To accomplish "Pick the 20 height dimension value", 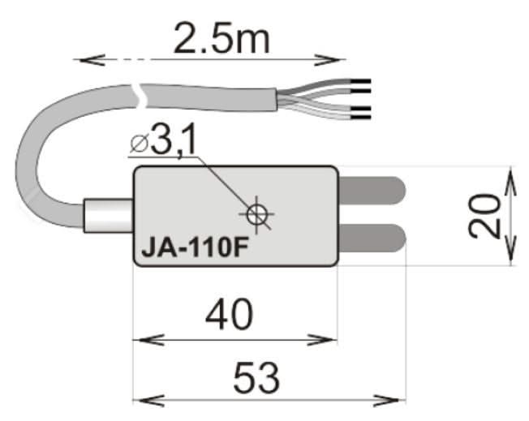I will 484,216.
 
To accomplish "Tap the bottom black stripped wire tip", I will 362,111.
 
